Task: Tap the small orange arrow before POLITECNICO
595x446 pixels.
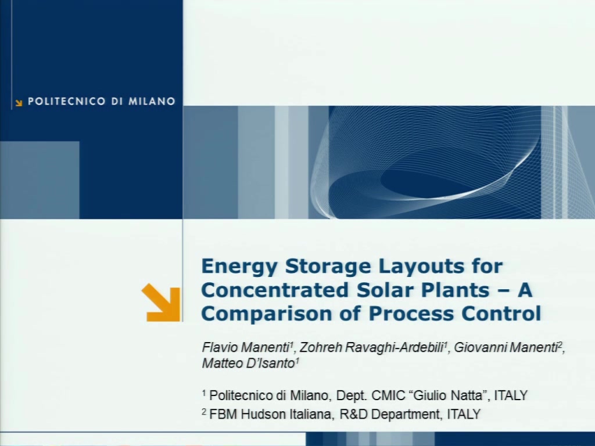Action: (x=19, y=103)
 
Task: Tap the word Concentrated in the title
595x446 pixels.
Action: (x=275, y=290)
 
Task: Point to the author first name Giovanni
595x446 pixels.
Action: (x=479, y=347)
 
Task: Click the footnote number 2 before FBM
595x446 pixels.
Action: (x=204, y=411)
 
